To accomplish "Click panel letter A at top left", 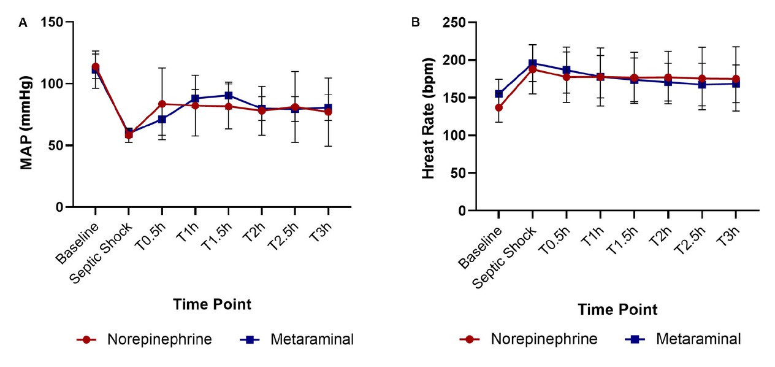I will tap(23, 23).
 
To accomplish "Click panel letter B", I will tap(416, 23).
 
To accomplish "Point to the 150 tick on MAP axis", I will tap(55, 22).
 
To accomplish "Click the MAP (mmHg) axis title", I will tap(27, 115).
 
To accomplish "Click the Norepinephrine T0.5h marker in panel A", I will tap(162, 104).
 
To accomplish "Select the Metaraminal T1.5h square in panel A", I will tap(228, 95).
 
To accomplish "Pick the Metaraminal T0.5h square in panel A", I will tap(162, 119).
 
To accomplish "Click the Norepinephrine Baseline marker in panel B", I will tap(499, 107).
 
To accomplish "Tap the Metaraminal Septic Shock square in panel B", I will tap(533, 63).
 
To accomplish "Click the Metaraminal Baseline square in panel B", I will tap(499, 94).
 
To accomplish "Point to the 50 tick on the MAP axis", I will tap(59, 145).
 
